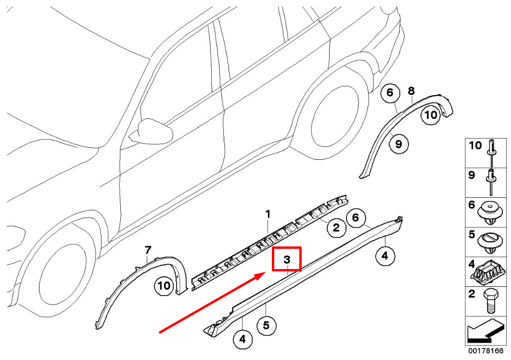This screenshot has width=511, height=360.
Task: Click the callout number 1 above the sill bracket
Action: pos(268,213)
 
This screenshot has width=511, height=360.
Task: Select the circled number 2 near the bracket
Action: pos(336,228)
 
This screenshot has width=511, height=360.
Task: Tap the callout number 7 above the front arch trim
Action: pos(148,249)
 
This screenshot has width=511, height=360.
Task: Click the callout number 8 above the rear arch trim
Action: pos(411,90)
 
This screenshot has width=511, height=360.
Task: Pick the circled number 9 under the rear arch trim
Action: pos(399,143)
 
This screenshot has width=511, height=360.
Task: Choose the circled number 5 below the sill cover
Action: pos(266,326)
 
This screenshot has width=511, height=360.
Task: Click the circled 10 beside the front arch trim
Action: pos(164,286)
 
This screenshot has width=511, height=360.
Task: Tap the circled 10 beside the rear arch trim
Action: pos(430,115)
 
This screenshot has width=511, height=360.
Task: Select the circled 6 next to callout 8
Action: pos(390,92)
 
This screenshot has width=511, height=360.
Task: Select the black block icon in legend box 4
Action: pos(488,273)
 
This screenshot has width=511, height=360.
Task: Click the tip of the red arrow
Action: pos(264,273)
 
